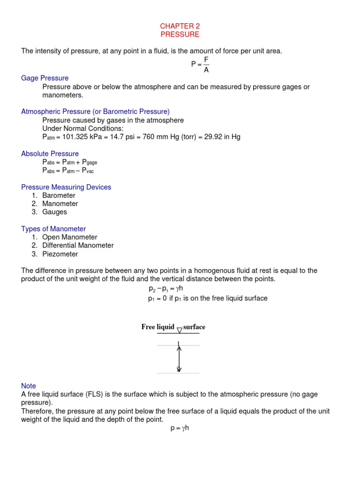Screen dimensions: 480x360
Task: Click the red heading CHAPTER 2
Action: (180, 26)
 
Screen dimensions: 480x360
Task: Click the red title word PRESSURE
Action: (180, 35)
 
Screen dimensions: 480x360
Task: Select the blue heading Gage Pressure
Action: (45, 78)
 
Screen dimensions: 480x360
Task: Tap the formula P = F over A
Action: (200, 65)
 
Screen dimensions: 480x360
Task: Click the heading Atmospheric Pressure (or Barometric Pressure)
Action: (95, 112)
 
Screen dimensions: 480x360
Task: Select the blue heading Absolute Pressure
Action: (50, 154)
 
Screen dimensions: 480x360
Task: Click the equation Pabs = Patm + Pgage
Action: (69, 162)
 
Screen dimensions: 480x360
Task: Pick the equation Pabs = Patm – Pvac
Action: (68, 171)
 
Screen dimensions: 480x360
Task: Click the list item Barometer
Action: (59, 195)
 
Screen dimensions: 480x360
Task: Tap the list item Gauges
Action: (54, 212)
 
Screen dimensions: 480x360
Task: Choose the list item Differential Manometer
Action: (78, 246)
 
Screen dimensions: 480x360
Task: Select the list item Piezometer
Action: (60, 254)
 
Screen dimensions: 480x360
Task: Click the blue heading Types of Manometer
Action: (53, 229)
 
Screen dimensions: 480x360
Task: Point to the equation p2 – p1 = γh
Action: (162, 288)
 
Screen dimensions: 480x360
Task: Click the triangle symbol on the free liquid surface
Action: (179, 330)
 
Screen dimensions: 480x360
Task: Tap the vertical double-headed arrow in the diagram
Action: (179, 357)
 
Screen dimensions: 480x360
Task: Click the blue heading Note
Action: (29, 386)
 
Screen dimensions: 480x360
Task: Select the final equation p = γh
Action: (180, 428)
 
